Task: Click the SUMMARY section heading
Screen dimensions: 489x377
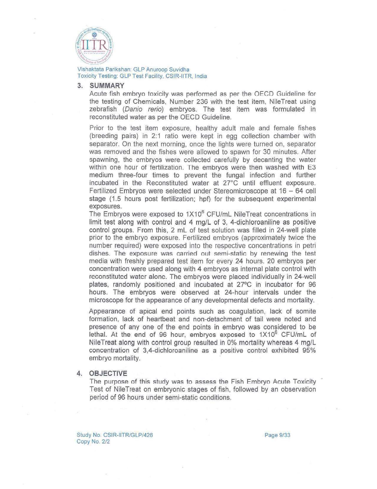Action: [x=107, y=86]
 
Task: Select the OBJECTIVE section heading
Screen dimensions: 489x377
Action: [x=108, y=373]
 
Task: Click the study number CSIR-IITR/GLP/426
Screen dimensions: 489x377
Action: [x=115, y=435]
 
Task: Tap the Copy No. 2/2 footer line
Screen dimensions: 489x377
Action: [x=93, y=442]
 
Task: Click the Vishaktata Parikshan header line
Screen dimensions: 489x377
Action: [x=133, y=70]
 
